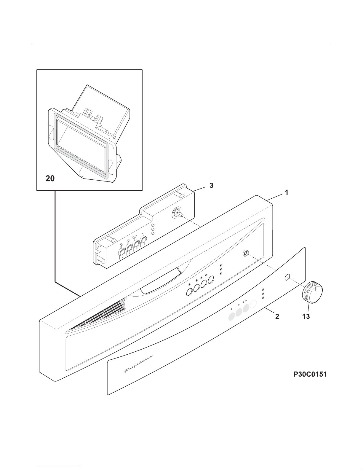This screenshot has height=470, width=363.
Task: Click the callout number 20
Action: click(x=50, y=179)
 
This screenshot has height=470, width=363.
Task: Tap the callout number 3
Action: click(x=211, y=186)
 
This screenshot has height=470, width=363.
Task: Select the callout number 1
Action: click(x=286, y=192)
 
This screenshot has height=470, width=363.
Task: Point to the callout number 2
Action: click(x=277, y=316)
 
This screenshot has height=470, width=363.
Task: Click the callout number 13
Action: click(x=306, y=316)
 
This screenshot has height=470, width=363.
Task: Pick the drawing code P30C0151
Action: click(x=310, y=374)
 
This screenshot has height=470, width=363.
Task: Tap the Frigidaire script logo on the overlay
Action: click(x=138, y=364)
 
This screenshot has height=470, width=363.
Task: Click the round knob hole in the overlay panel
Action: click(x=287, y=277)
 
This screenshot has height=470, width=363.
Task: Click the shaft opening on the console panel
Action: click(x=245, y=253)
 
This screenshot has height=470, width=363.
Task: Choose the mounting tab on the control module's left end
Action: click(x=97, y=250)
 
